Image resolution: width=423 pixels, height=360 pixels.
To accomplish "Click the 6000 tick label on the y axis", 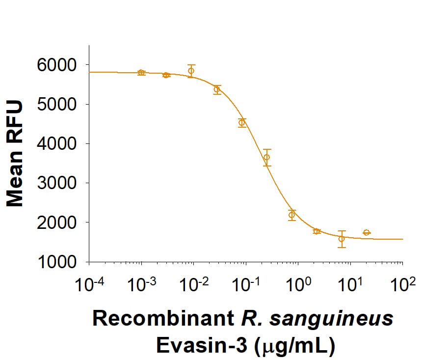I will (x=57, y=65).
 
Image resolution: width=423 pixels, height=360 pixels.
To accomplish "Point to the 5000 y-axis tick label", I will (x=57, y=104).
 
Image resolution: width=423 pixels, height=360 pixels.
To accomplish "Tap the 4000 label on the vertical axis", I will (x=57, y=143).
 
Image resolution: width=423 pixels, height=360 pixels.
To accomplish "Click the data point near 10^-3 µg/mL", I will (x=141, y=73).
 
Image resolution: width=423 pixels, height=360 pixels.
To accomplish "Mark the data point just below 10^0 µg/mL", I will (x=292, y=215).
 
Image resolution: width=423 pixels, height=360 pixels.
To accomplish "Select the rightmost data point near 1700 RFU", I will (x=366, y=232).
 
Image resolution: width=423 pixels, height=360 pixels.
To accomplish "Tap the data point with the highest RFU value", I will (x=191, y=71).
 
